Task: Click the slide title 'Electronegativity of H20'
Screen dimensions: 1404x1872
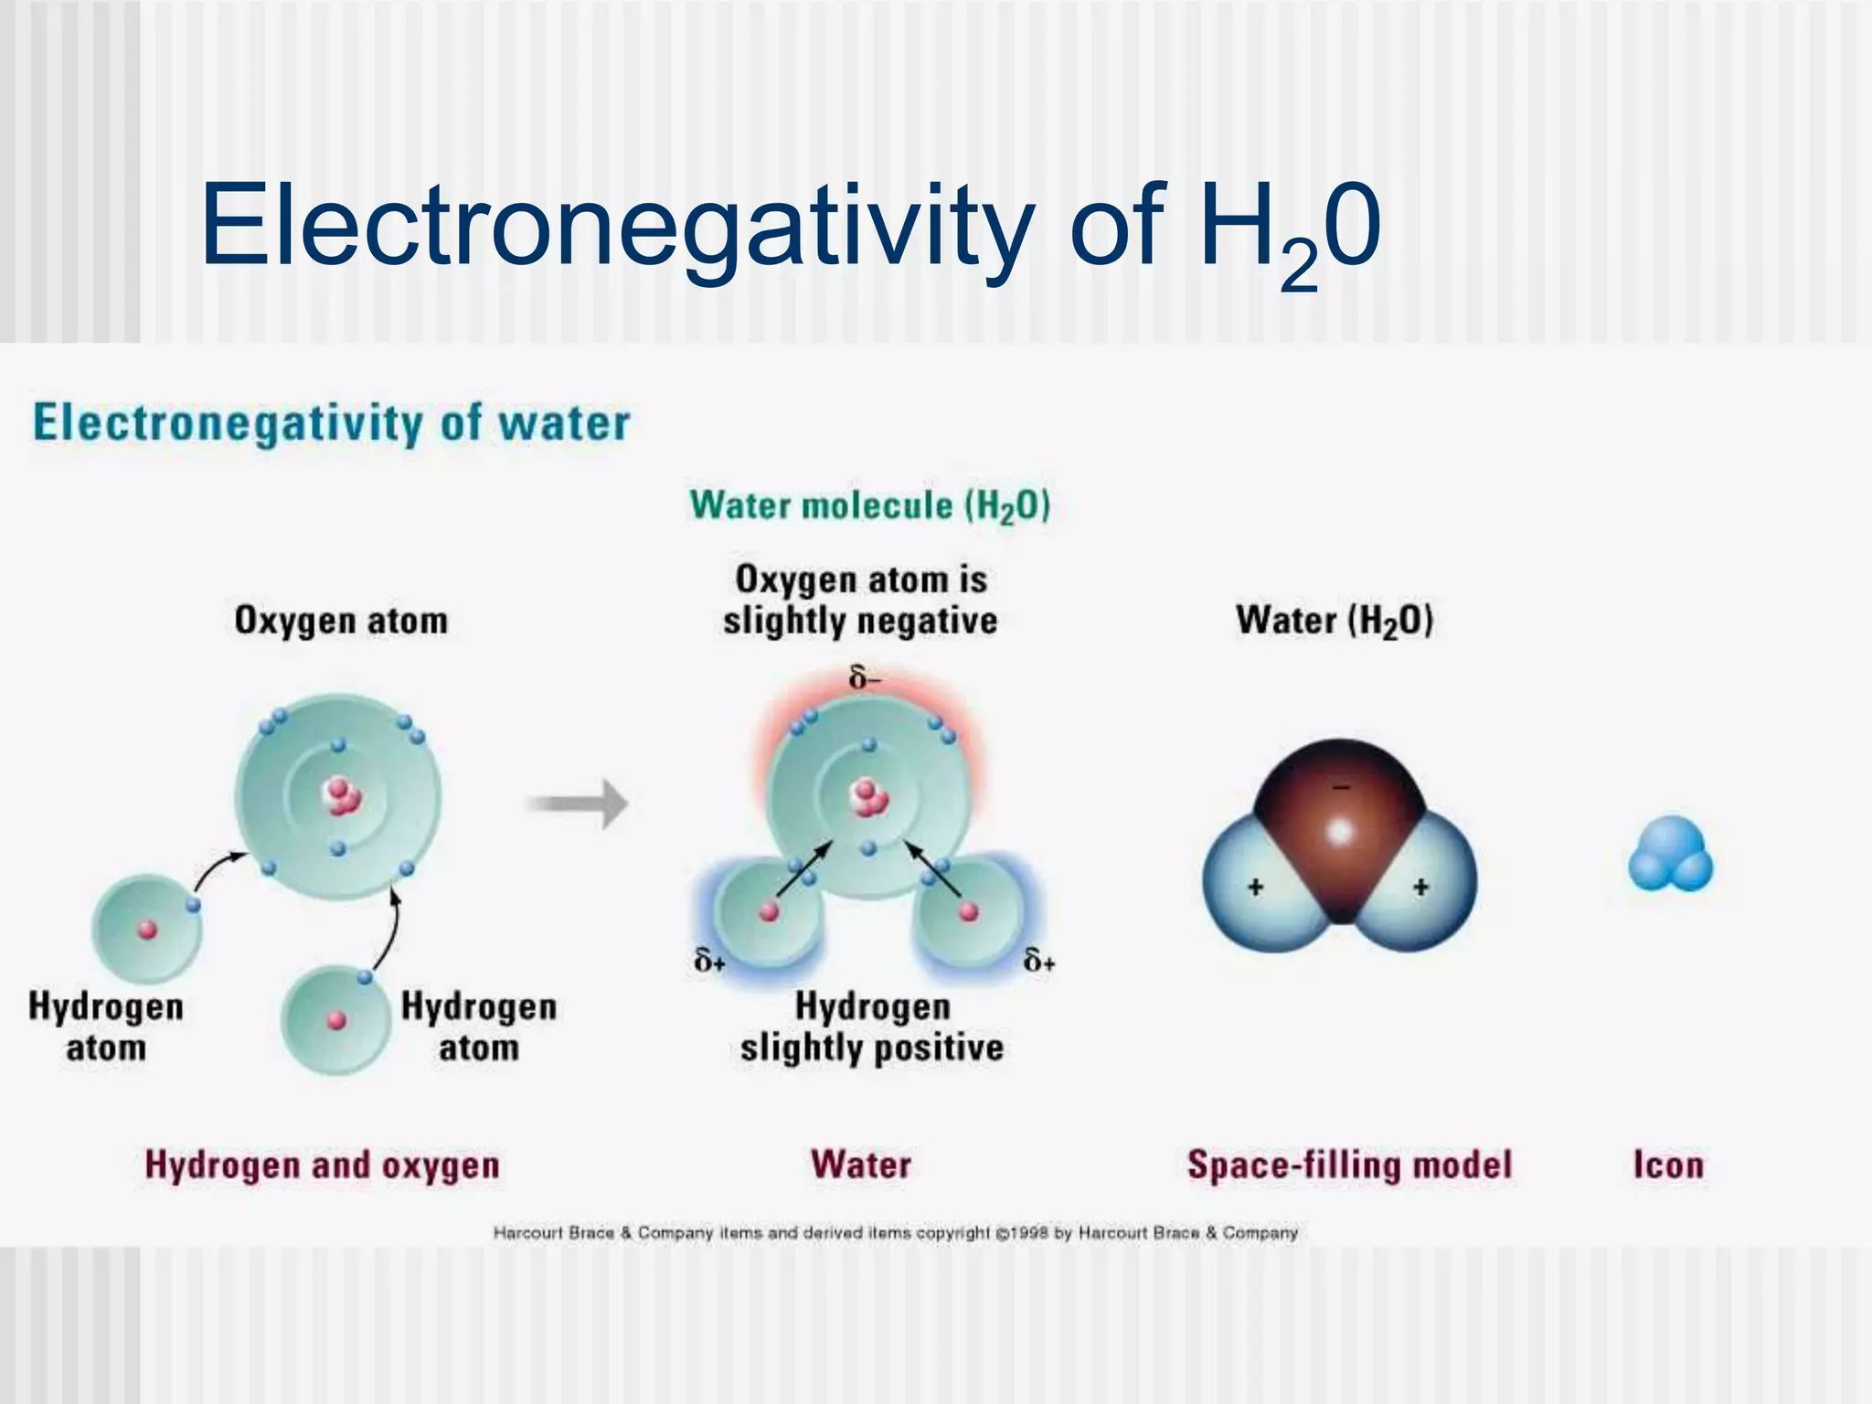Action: pos(790,227)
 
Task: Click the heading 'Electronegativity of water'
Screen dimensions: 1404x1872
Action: pos(331,423)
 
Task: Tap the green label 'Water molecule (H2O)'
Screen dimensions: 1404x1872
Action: pos(869,506)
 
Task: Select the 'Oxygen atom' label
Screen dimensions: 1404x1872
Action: pos(341,621)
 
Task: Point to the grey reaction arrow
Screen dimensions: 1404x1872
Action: pos(578,804)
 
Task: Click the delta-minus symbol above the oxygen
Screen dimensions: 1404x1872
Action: pos(865,678)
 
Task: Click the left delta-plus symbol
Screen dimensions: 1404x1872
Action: pos(709,961)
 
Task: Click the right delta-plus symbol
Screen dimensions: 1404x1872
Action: pos(1039,961)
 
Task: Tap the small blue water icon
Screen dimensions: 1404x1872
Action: pos(1670,856)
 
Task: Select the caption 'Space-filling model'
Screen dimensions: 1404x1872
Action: pos(1349,1165)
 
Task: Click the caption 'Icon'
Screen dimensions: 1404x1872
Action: pos(1668,1165)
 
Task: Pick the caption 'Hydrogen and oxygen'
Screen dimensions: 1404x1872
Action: pos(322,1165)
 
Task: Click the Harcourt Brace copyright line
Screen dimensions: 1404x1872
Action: pos(895,1233)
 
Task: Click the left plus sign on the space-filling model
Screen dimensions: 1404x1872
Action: pos(1256,887)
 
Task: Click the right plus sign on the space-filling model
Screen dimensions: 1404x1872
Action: pos(1420,887)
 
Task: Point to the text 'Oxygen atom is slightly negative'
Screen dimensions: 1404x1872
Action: pos(860,600)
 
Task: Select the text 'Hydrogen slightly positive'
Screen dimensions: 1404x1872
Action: pos(871,1027)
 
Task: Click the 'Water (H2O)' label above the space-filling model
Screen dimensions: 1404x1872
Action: pos(1334,621)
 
